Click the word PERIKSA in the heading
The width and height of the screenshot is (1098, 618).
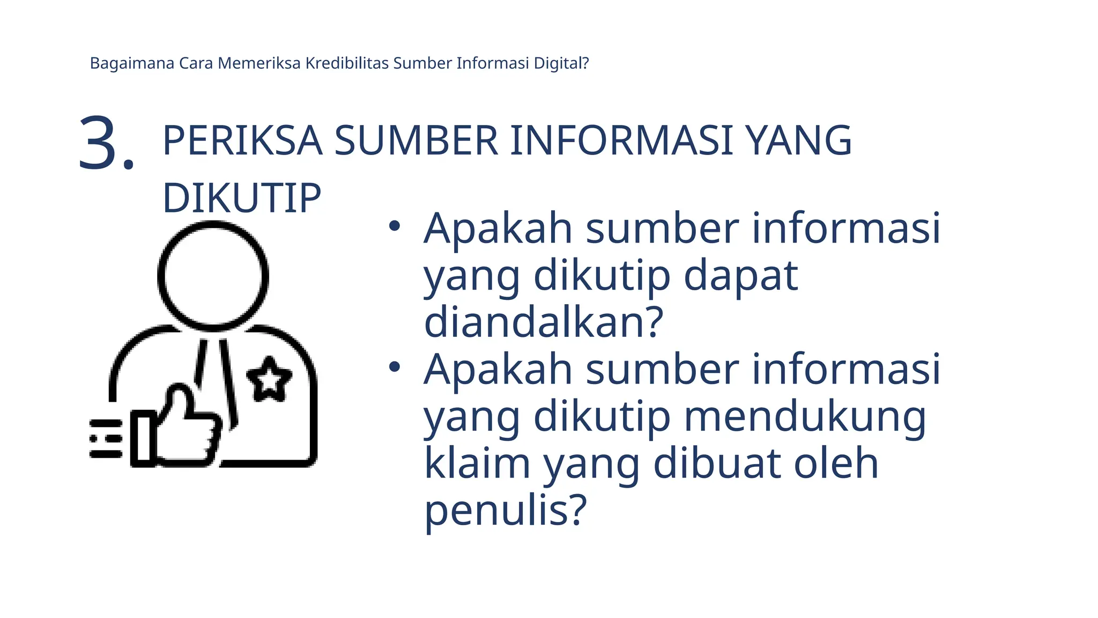(x=242, y=141)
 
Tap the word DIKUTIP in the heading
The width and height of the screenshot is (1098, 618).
(x=242, y=198)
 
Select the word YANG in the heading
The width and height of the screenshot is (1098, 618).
(x=799, y=141)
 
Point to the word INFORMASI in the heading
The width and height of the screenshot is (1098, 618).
(x=621, y=141)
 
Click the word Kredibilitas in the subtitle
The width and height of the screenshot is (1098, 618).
(x=347, y=63)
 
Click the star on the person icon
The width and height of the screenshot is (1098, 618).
(x=269, y=379)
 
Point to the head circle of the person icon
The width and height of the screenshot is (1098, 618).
(x=213, y=276)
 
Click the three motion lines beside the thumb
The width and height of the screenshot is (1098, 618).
(x=105, y=439)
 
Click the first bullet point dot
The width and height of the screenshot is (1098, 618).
(x=395, y=226)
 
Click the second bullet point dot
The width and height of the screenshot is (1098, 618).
(x=395, y=367)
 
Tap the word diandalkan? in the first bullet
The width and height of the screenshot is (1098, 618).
(x=544, y=322)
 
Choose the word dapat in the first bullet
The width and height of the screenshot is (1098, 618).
(x=740, y=276)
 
